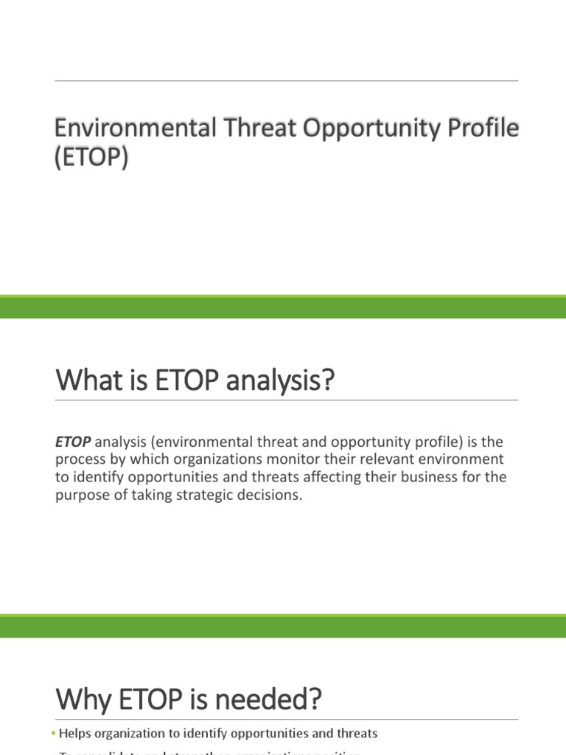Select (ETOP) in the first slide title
tap(91, 157)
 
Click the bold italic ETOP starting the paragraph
tap(73, 442)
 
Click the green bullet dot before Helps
tap(54, 734)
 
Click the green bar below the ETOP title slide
tap(283, 307)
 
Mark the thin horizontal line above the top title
tap(286, 80)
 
